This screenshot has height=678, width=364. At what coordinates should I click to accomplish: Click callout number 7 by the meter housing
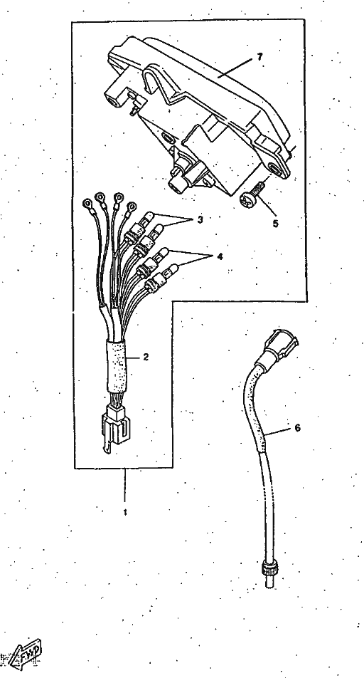(259, 57)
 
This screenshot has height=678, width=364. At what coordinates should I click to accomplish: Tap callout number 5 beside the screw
(275, 224)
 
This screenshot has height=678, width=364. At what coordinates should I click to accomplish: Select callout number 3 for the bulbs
(200, 219)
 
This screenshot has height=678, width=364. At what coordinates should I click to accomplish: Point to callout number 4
(220, 256)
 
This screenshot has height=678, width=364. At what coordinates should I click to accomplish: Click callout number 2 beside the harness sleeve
(146, 358)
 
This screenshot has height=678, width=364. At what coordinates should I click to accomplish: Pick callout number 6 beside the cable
(297, 427)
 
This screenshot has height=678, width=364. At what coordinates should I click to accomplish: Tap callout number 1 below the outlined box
(125, 512)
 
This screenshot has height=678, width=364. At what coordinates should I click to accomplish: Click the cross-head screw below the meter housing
(251, 196)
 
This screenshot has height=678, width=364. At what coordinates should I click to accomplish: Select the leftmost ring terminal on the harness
(87, 202)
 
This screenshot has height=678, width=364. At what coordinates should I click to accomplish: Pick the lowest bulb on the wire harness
(161, 276)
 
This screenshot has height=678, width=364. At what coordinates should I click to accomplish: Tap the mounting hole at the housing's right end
(274, 168)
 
